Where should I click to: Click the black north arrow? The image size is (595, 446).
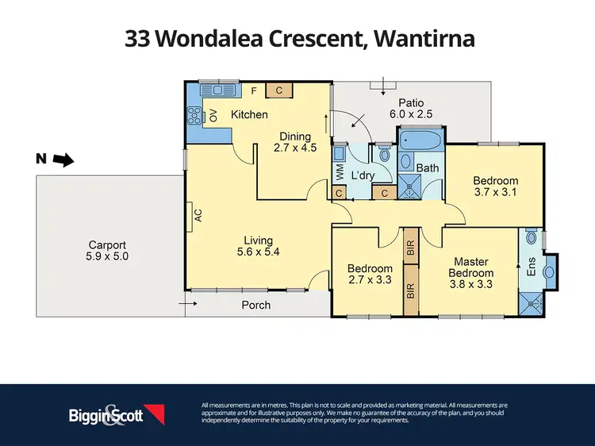[62, 161]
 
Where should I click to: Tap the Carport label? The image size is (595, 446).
[108, 245]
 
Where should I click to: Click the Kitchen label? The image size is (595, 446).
[249, 115]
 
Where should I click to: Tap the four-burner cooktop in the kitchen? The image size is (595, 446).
[194, 117]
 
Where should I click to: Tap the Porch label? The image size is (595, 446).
[255, 305]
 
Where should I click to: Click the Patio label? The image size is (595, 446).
[411, 102]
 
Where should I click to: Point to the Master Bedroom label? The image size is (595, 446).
[470, 267]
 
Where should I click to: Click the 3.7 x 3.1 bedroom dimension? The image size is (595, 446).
[495, 192]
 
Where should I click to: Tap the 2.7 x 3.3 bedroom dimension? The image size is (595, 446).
[370, 280]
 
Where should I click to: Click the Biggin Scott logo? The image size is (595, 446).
[115, 414]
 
